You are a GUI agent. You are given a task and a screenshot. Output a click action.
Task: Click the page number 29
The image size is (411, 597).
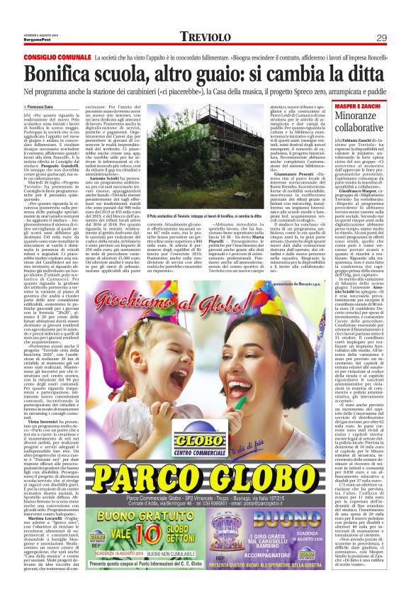[381, 37]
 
